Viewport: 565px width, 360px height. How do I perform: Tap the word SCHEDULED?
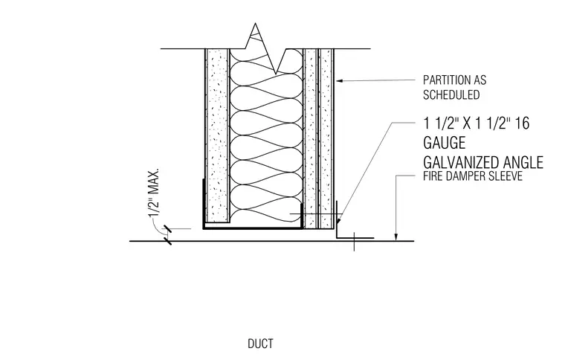(451, 94)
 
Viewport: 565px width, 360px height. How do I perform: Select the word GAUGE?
(445, 143)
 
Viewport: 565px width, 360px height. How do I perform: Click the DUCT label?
(260, 344)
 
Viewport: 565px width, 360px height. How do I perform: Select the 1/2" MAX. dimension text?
(154, 193)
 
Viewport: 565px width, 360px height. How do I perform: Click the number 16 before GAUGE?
(522, 123)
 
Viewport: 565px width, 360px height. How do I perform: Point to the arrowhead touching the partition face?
(340, 81)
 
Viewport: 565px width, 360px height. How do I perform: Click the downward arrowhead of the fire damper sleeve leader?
(396, 237)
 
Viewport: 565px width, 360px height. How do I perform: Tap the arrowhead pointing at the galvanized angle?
(339, 219)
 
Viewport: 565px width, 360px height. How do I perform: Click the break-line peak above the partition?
(256, 24)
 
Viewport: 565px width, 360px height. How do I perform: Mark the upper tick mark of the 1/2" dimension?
(167, 228)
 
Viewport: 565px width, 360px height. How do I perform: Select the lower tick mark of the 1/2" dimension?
(167, 241)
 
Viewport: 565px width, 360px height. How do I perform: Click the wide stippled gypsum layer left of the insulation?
(217, 135)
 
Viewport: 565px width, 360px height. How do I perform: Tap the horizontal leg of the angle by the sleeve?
(355, 238)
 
